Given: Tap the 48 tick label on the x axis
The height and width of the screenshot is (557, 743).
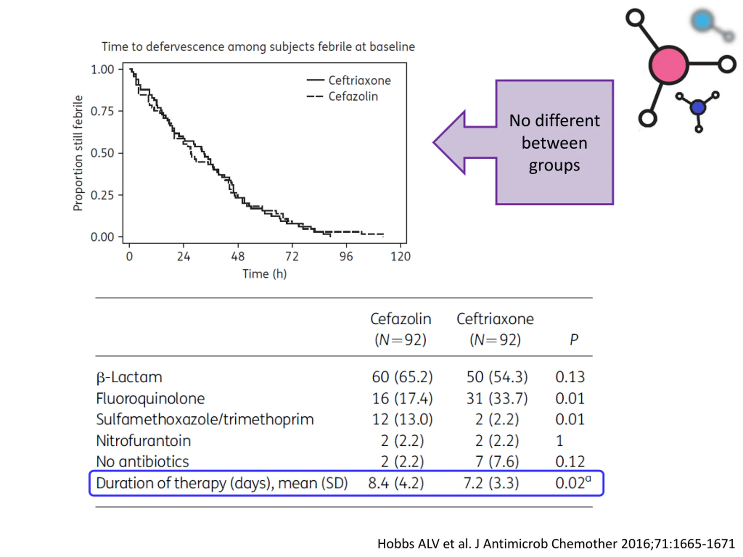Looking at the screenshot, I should point(238,256).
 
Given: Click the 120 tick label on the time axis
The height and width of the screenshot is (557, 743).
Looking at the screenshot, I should point(401,256).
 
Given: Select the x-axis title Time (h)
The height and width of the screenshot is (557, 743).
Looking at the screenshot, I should point(264,274).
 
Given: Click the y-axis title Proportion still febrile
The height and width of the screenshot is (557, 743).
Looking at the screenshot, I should point(78,153).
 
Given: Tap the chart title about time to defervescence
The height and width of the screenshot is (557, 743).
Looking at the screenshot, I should point(258,47).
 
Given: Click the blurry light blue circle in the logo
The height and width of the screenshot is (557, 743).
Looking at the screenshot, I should point(702,21).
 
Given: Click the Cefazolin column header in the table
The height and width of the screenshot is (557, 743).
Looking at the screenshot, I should point(401,319).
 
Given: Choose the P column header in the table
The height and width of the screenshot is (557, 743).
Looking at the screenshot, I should point(574,340).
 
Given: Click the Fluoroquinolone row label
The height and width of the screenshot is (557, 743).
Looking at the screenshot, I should point(150,399).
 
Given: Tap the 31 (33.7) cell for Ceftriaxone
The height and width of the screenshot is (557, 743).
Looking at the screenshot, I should point(497,399).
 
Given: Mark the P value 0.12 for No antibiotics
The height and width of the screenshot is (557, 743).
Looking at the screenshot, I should point(570,462).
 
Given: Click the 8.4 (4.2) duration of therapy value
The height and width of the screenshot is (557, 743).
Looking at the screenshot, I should point(396,483).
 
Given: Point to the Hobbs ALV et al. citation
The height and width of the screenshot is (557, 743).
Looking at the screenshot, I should point(556,544).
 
